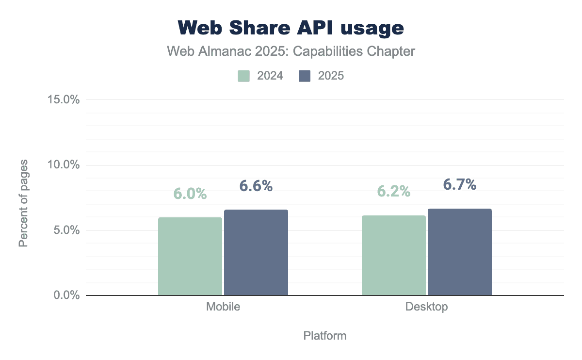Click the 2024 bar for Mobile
(190, 256)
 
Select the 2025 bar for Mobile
(256, 252)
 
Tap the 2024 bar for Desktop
(393, 255)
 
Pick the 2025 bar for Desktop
(459, 252)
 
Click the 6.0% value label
(190, 194)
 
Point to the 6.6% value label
(256, 186)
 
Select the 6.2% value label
(394, 192)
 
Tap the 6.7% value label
(460, 184)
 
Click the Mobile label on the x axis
(223, 307)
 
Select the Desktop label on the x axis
(427, 307)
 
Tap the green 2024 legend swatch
(243, 76)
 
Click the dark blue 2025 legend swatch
(305, 76)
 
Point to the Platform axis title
(325, 336)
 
